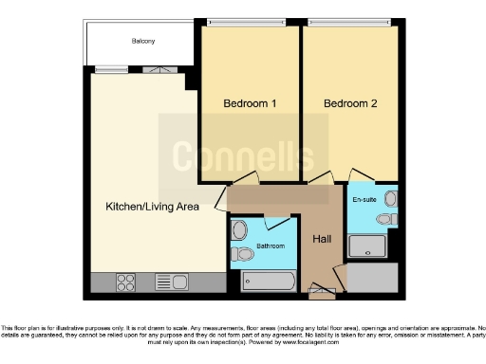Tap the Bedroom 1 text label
[250, 103]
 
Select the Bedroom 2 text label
[349, 103]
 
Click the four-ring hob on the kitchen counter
[127, 282]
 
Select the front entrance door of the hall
[322, 290]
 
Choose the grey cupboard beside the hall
[373, 279]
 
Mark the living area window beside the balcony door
[112, 68]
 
